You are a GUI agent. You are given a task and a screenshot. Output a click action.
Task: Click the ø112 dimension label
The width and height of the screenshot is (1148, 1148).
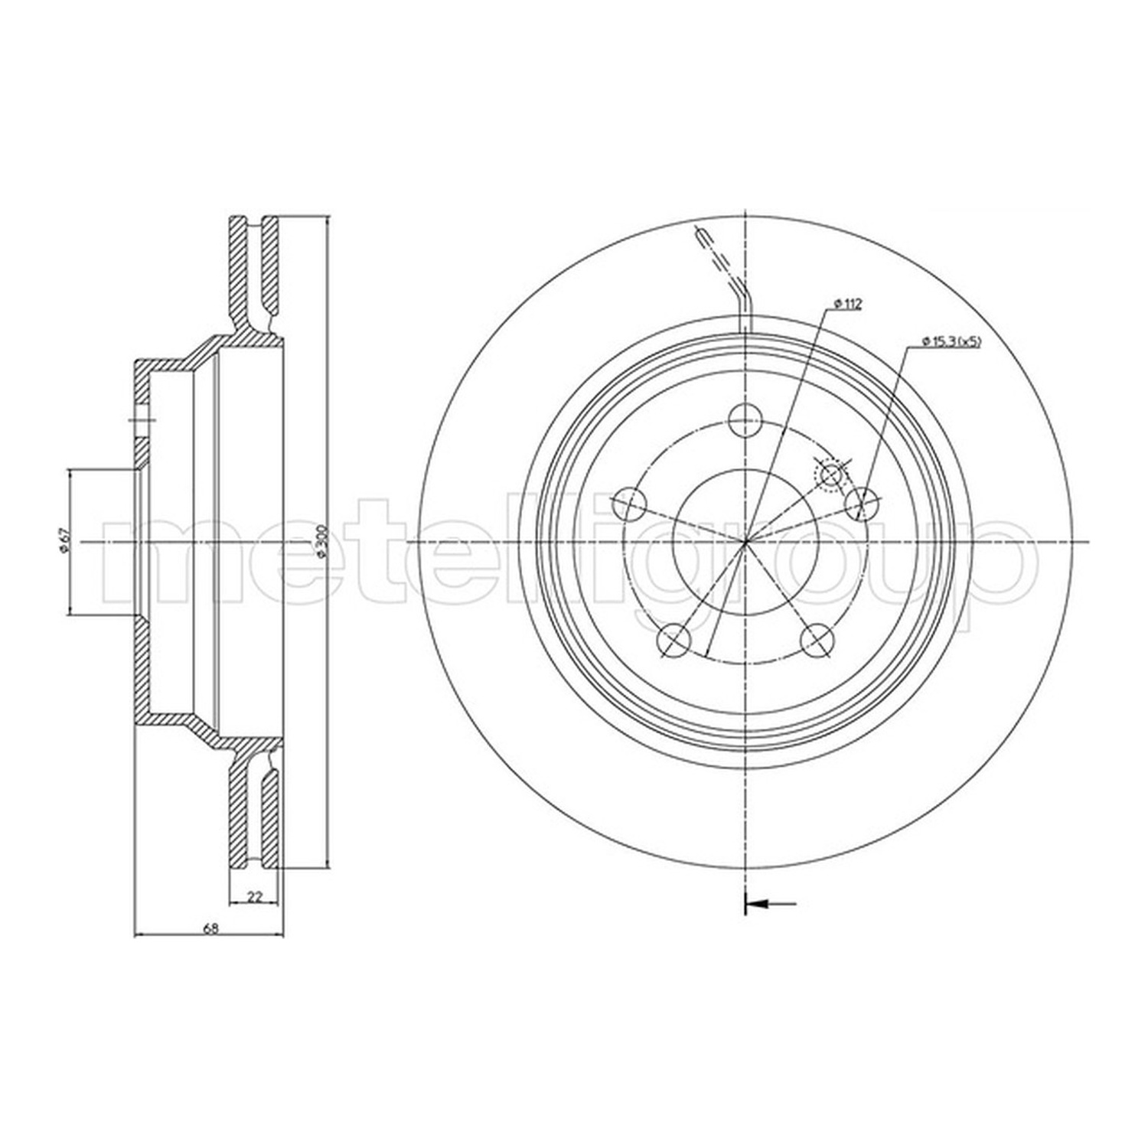click(847, 304)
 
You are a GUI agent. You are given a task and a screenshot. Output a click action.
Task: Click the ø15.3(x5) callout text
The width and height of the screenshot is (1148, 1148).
click(951, 341)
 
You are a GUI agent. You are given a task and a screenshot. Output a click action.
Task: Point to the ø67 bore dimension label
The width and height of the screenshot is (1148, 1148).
click(65, 541)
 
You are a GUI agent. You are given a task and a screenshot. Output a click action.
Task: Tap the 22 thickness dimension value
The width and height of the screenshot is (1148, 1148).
click(256, 898)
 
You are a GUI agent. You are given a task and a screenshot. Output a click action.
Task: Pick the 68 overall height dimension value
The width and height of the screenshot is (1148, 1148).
click(210, 928)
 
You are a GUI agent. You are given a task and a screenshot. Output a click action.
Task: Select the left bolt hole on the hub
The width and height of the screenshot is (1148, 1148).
click(631, 502)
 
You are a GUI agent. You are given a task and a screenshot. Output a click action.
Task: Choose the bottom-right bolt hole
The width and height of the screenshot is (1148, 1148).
click(816, 639)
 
